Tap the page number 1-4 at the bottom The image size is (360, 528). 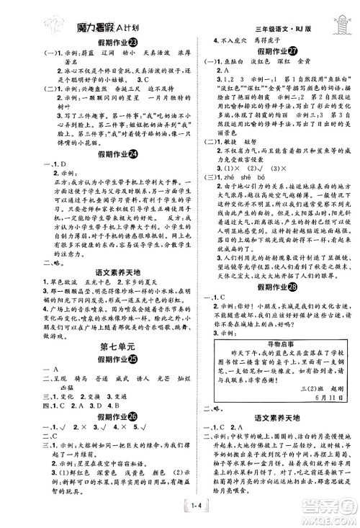coord(180,512)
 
